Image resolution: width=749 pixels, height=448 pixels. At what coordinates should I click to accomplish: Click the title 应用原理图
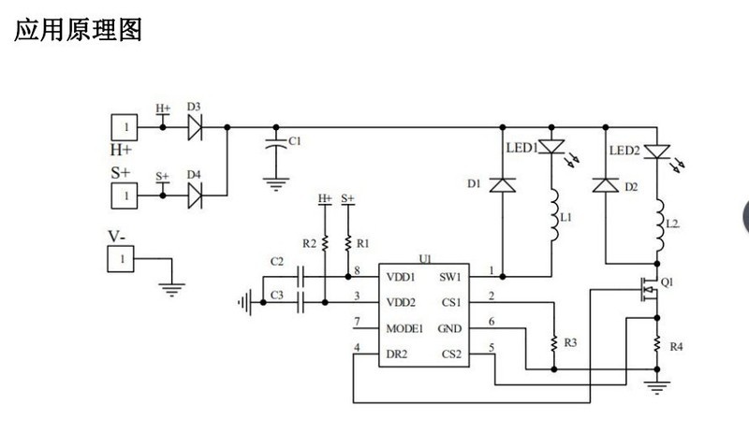(78, 30)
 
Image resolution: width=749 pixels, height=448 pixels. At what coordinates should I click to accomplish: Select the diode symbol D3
(196, 126)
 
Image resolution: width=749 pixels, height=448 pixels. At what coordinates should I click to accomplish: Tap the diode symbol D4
(196, 195)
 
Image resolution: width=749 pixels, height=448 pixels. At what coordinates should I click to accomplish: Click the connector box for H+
(125, 126)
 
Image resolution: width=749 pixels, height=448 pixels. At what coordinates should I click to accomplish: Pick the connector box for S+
(125, 195)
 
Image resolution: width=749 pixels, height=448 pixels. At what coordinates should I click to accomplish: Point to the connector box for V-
(121, 257)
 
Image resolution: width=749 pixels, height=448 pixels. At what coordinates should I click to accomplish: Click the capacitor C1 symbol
(274, 144)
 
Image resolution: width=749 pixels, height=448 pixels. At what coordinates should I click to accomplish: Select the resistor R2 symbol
(325, 242)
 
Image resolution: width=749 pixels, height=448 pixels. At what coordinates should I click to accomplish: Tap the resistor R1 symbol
(348, 242)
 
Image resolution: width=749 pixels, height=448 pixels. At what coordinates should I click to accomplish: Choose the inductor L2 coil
(660, 224)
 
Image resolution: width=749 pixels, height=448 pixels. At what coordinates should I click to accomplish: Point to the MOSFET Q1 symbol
(646, 291)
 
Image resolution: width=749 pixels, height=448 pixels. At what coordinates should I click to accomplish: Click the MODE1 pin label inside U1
(404, 328)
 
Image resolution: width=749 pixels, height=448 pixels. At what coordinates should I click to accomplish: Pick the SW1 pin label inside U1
(450, 277)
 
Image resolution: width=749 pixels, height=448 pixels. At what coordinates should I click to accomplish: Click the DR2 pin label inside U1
(397, 354)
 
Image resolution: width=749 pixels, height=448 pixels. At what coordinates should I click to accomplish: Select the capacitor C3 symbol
(302, 302)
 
